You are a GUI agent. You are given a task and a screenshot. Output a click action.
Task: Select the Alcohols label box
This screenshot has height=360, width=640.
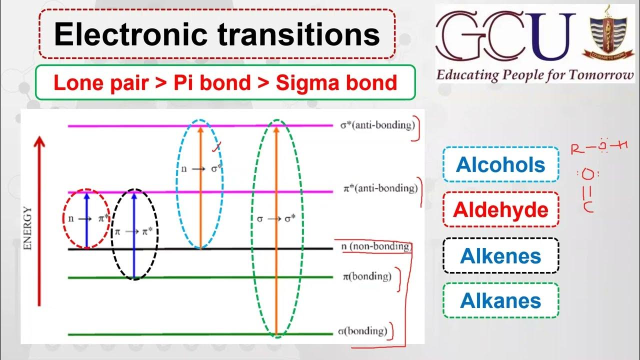coord(500,164)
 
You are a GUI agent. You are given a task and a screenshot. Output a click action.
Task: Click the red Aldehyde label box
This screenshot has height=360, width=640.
coord(500,209)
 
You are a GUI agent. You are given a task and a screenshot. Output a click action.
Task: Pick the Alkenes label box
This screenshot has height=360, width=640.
coord(500,255)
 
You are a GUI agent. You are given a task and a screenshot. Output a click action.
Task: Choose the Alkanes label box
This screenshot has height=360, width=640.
coord(500,300)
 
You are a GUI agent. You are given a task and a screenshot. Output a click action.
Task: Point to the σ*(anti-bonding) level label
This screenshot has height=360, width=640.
coord(377,125)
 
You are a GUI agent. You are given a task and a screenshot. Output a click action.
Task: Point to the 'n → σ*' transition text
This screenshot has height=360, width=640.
coord(201,169)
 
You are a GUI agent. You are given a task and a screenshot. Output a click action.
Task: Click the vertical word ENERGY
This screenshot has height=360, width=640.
coord(27,228)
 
